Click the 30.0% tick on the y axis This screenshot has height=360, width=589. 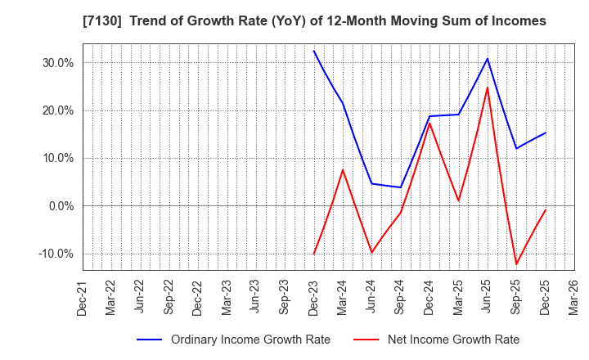click(56, 63)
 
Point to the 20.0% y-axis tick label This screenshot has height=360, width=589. click(56, 110)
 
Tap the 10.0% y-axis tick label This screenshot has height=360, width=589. click(56, 158)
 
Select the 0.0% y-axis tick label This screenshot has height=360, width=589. click(59, 205)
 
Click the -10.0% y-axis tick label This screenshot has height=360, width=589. click(54, 254)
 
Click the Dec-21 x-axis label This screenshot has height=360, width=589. click(83, 297)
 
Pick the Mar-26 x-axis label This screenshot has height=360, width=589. click(574, 297)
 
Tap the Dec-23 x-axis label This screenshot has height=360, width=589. click(314, 297)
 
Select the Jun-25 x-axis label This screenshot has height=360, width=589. click(488, 297)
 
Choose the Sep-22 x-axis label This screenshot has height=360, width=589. click(169, 297)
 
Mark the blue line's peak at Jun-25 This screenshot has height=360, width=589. click(488, 58)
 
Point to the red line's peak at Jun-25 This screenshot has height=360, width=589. click(488, 88)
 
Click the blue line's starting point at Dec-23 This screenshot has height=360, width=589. click(314, 51)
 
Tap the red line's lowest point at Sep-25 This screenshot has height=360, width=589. click(516, 264)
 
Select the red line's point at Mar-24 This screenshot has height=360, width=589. click(343, 169)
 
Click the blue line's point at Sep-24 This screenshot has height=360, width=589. click(401, 187)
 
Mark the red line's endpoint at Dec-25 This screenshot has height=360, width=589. click(546, 209)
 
